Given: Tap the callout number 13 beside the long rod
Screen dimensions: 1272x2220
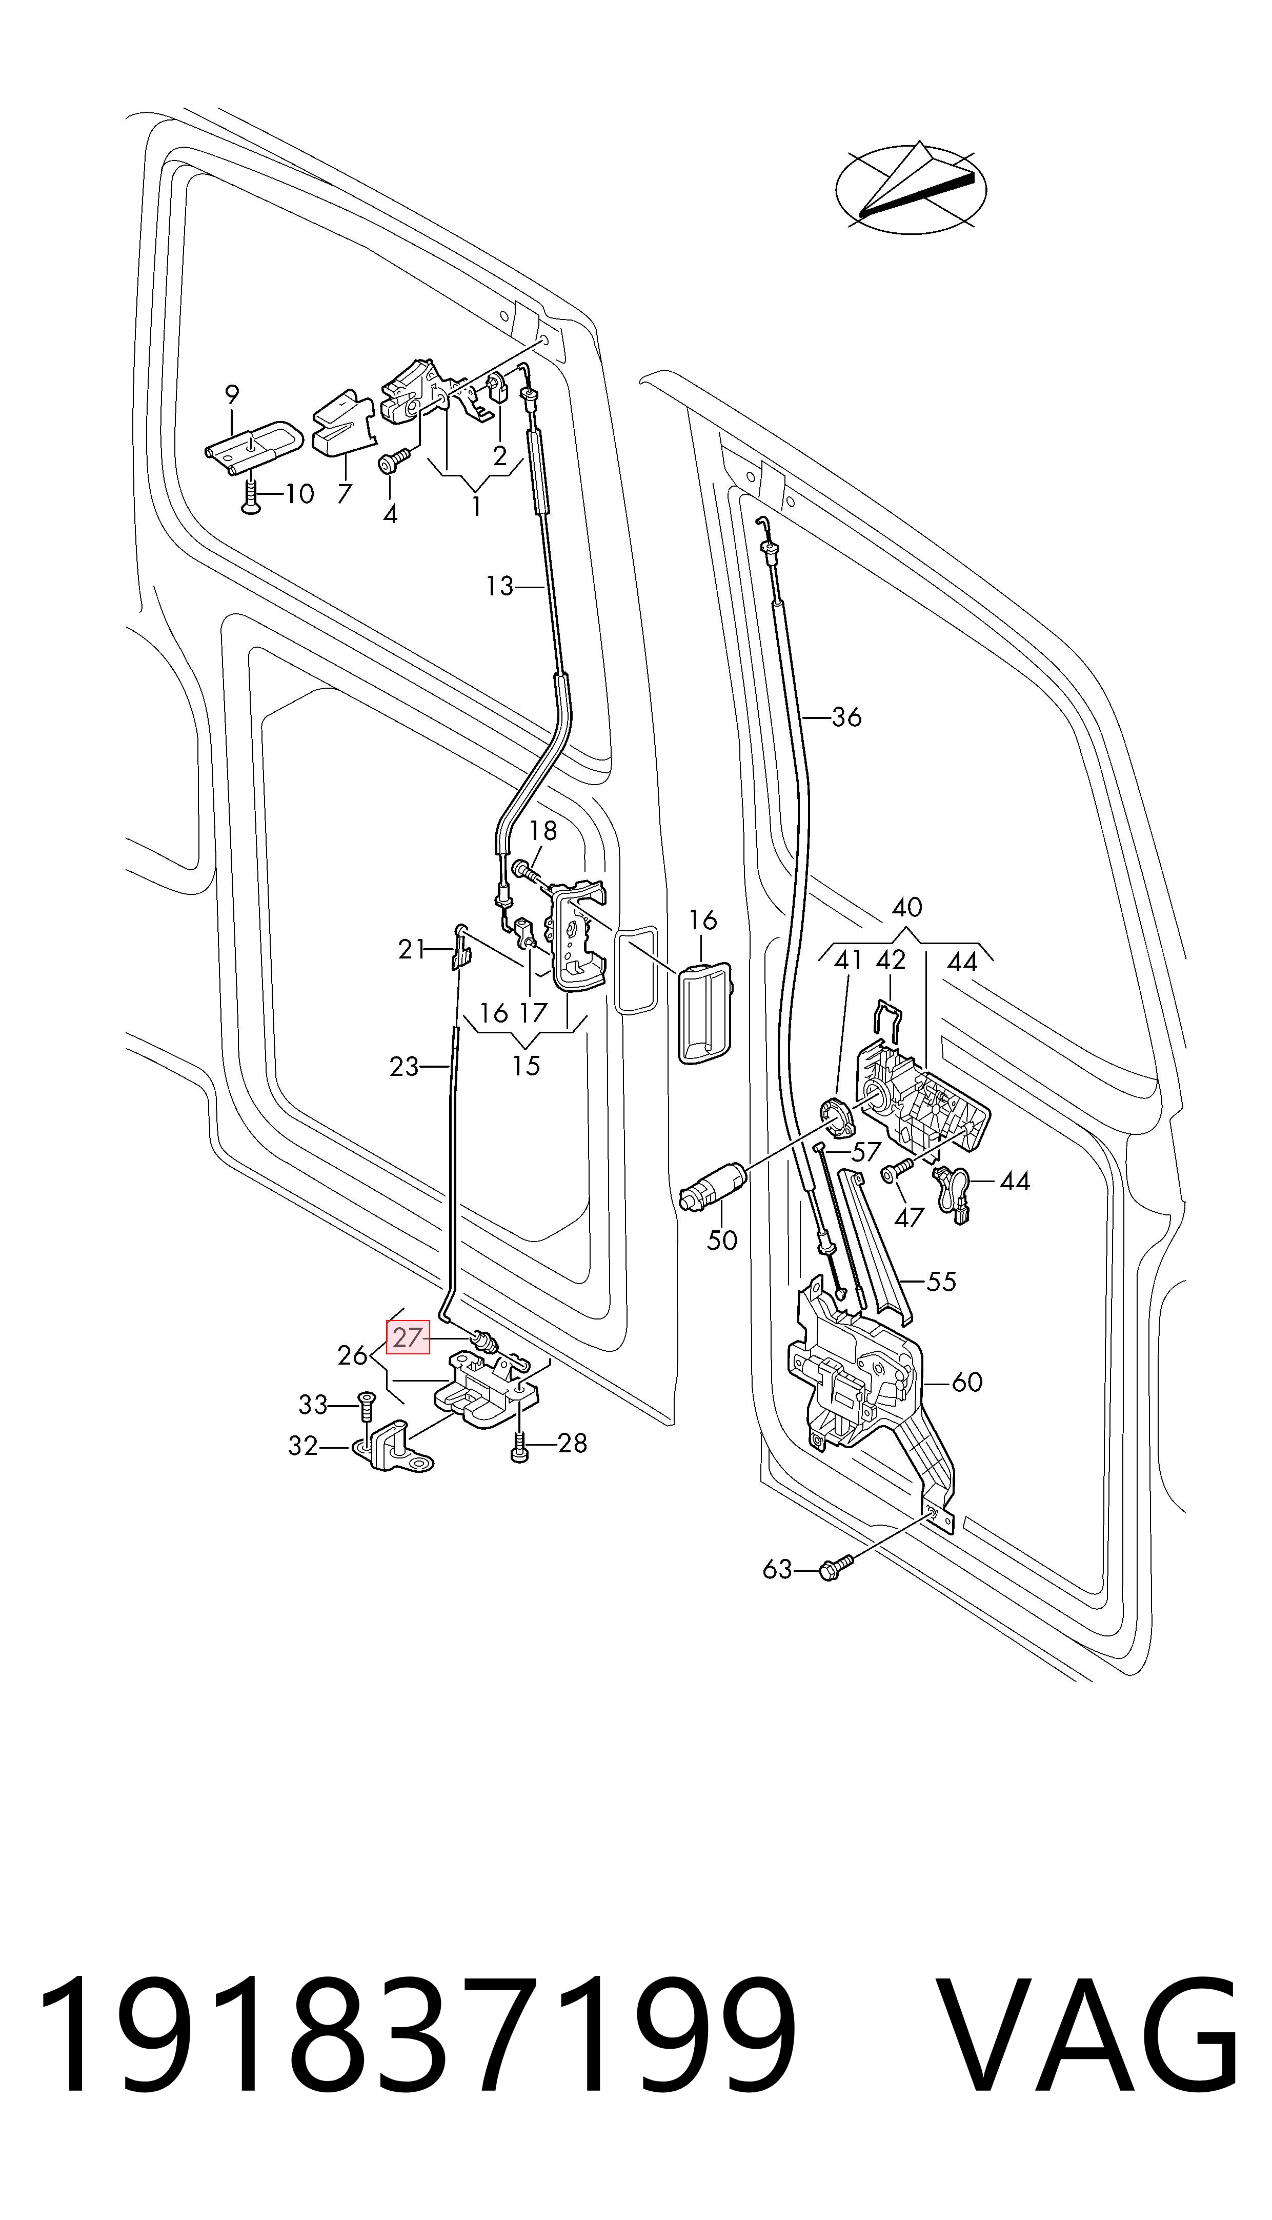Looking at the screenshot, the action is [500, 586].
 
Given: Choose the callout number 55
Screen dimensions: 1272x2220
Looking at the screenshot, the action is [941, 1282].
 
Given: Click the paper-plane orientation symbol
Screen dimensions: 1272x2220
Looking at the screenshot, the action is [911, 186].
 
